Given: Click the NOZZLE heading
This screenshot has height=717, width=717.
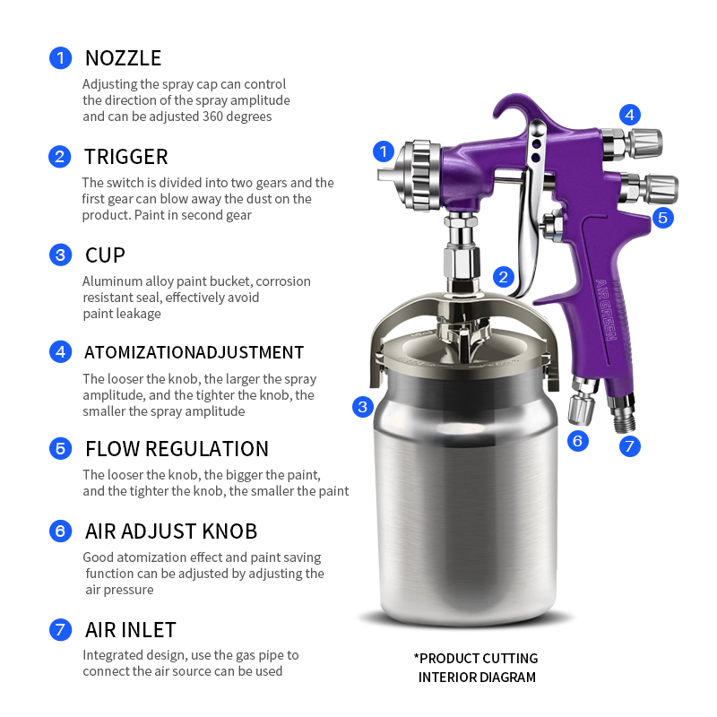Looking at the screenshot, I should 123,59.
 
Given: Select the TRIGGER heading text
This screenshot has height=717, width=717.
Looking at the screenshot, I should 125,158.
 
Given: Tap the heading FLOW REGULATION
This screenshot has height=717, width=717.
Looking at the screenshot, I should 177,449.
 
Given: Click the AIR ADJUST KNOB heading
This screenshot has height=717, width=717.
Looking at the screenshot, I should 171,531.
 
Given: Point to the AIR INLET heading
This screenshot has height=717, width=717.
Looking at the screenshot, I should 130,630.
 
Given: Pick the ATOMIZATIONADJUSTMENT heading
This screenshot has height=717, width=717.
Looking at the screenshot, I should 194,352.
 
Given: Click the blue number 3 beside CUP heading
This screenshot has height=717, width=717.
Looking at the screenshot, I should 60,255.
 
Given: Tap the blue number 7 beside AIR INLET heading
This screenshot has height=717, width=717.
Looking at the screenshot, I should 60,630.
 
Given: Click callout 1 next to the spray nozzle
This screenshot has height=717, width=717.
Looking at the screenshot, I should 384,151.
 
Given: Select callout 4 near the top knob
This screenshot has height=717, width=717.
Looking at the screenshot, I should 630,115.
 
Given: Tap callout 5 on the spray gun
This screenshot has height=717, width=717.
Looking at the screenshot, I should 662,217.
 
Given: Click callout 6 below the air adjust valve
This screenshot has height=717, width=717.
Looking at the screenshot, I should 578,440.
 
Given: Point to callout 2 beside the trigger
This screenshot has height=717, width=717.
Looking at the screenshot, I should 504,277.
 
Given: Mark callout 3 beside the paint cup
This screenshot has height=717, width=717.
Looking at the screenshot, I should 363,407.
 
